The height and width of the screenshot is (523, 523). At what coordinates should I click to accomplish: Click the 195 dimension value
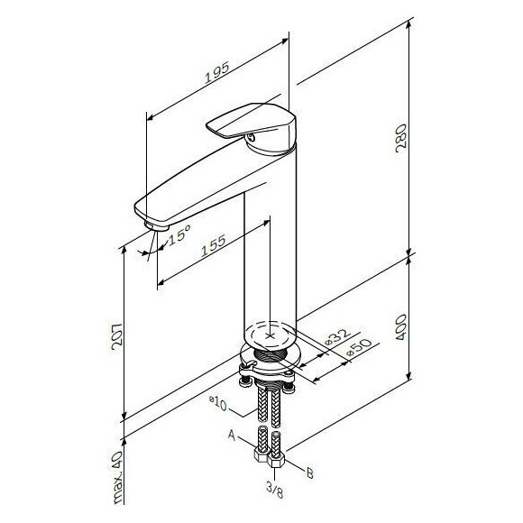pos(216,72)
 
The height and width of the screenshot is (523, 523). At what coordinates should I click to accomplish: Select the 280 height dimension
pos(401,138)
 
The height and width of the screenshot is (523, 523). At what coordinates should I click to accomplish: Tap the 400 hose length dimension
pos(401,327)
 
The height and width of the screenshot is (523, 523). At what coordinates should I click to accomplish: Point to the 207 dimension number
pos(117,336)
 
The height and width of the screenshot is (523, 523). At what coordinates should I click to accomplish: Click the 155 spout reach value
pos(213,245)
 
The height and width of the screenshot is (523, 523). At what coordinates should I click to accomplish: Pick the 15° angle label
pos(179,234)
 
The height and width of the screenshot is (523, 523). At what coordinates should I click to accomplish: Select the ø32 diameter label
pos(337,337)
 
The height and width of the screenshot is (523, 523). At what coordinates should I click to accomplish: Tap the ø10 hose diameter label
pos(218,403)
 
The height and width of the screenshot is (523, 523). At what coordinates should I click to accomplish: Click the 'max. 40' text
pos(118,477)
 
